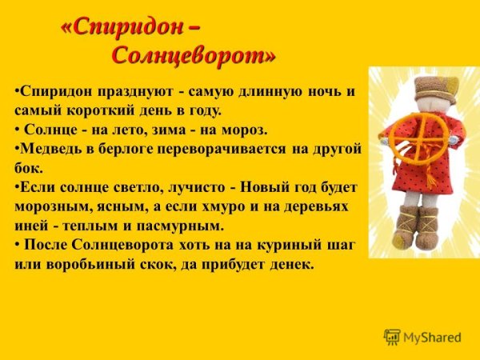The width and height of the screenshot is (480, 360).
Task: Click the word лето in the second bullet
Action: click(144, 130)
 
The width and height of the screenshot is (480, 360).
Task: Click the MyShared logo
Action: click(422, 338)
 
